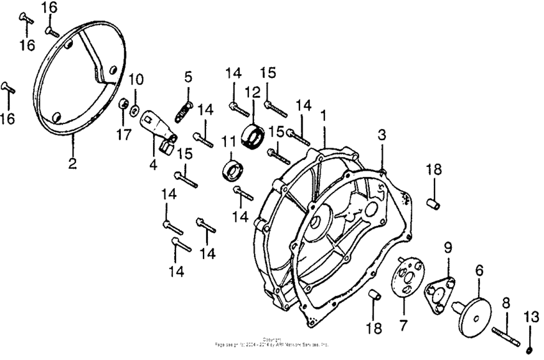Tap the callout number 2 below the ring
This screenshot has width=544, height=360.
point(72,163)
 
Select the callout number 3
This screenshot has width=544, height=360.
point(381,136)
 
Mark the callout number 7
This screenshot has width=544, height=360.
point(403,325)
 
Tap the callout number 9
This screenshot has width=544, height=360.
point(448,247)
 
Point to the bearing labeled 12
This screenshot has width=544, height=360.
point(255,136)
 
